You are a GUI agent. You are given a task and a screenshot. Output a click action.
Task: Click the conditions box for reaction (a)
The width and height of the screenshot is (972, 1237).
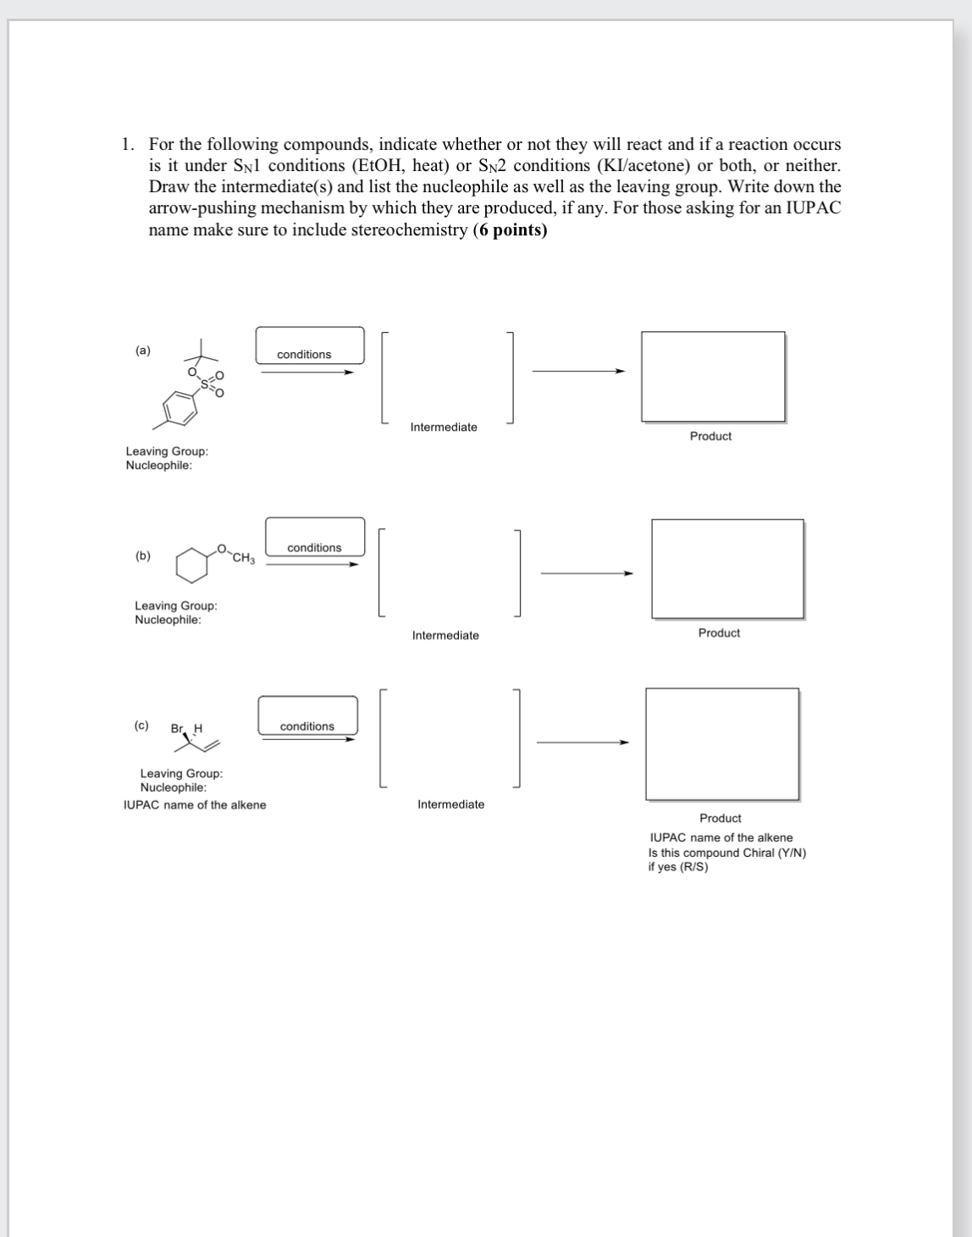tap(310, 346)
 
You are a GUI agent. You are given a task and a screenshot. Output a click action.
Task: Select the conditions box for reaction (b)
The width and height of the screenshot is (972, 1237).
tap(315, 536)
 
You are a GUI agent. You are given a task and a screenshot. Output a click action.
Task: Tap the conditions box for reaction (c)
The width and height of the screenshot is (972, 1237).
tap(307, 715)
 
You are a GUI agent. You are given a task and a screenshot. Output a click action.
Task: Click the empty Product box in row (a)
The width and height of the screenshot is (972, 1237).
tap(712, 376)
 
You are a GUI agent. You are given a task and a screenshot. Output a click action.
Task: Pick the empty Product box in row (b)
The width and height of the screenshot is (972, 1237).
tap(726, 568)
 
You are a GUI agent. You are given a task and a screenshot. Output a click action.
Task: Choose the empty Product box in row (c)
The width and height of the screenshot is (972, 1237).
tap(721, 743)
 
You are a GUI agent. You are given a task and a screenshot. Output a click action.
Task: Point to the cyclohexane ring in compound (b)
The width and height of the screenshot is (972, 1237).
tap(192, 564)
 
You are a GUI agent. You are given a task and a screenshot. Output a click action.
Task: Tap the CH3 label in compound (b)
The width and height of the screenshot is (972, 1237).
tap(244, 558)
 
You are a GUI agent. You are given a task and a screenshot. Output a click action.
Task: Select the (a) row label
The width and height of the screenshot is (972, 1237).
tap(143, 350)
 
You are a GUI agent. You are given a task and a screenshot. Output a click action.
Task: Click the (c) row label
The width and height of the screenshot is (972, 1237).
tap(141, 726)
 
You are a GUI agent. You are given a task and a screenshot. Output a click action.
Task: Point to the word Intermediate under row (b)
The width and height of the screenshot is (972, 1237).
tap(445, 635)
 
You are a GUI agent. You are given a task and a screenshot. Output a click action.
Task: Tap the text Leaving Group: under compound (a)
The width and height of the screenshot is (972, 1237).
tap(167, 451)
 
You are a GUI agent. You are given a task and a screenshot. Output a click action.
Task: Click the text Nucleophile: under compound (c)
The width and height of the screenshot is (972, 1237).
tap(173, 787)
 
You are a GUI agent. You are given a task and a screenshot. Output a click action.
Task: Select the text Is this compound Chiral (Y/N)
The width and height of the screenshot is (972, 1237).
tap(726, 853)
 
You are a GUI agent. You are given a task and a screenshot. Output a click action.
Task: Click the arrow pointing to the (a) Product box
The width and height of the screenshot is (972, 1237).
tap(578, 371)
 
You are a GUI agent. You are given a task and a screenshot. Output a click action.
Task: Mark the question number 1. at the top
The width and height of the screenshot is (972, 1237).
tap(128, 144)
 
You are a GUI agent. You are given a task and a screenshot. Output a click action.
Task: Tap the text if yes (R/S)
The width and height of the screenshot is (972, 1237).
tap(677, 867)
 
